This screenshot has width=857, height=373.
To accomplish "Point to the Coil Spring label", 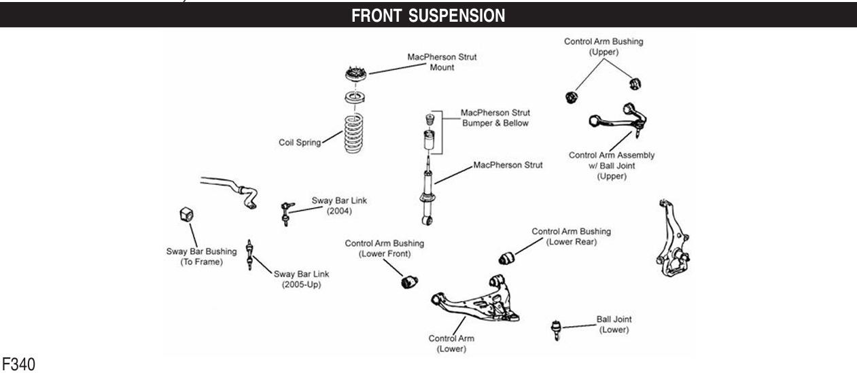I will point(299,143).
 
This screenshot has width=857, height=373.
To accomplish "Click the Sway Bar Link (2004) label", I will point(334,205).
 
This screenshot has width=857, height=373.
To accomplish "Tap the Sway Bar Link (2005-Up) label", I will point(301,279).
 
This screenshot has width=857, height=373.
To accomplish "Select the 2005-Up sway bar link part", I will point(252,255).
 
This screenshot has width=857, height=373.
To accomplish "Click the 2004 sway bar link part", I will point(286,213).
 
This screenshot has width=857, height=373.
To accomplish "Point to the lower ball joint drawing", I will point(555,330).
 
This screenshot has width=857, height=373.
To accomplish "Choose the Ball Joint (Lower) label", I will point(613,324).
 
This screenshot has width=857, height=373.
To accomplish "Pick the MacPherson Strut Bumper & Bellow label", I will point(495,118).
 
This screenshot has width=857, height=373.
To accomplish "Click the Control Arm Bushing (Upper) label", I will point(604,46).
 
